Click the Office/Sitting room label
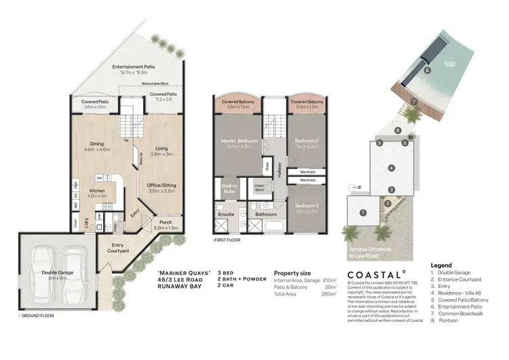[x=162, y=185]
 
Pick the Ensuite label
[x=227, y=214]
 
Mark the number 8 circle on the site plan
[x=426, y=70]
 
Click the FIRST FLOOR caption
[x=227, y=240]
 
